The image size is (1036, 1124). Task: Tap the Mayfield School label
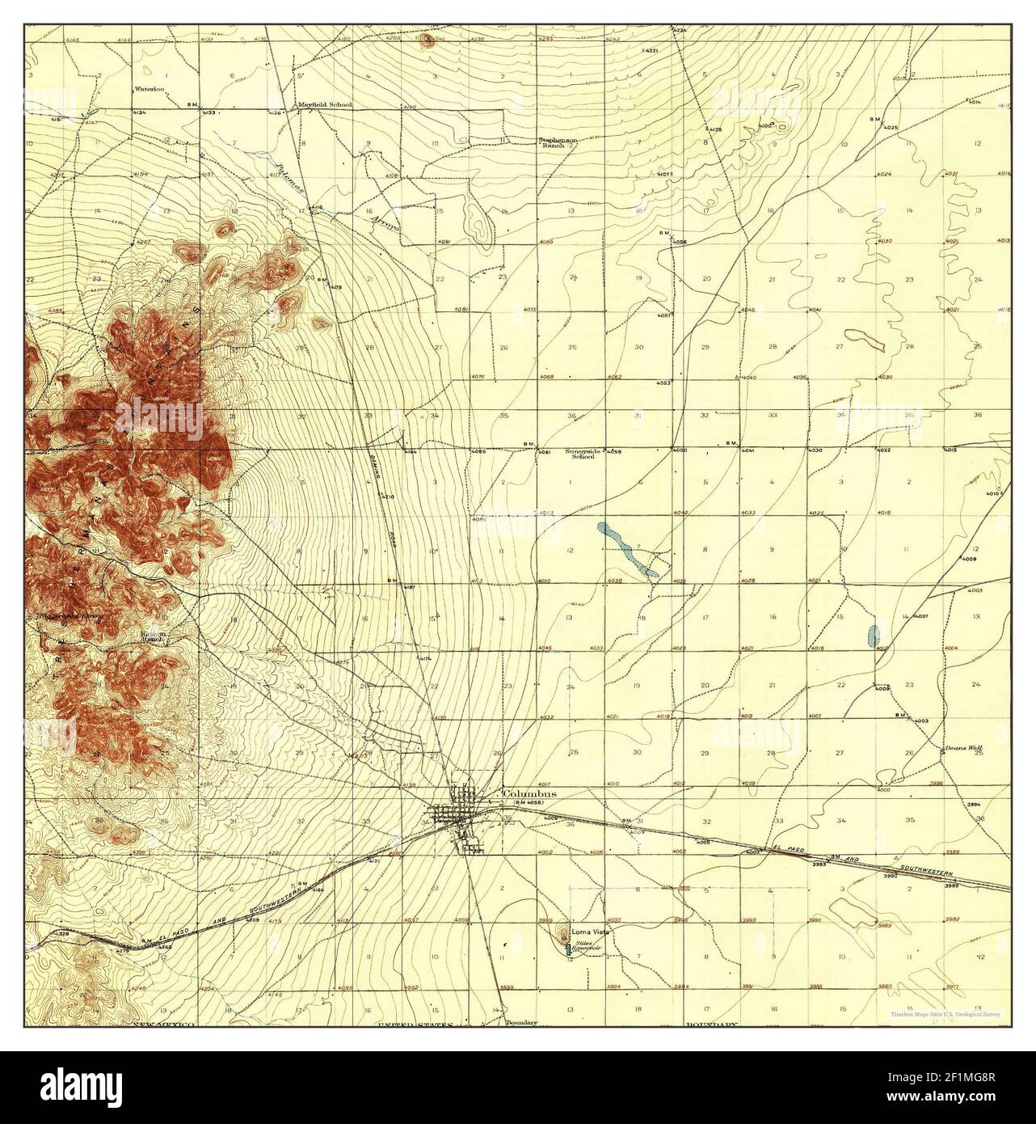[x=325, y=104]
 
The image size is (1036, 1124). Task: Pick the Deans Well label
[x=963, y=748]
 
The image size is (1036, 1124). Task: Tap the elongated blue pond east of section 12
[x=627, y=551]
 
